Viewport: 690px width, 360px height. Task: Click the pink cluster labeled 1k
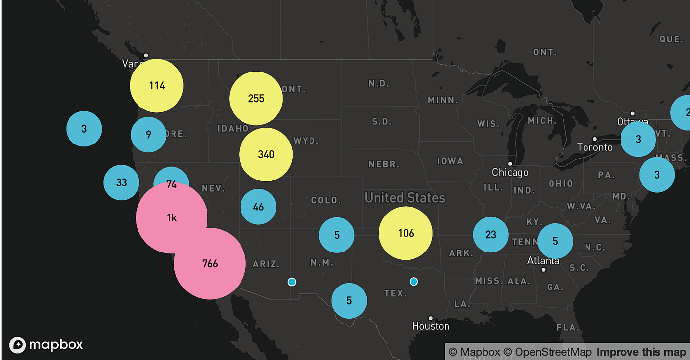[x=171, y=217]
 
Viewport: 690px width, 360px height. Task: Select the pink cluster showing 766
[x=210, y=263]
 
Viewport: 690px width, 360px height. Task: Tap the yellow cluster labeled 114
[x=157, y=86]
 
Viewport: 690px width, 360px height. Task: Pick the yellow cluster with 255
[x=256, y=98]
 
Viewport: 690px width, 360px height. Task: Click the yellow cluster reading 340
[x=266, y=154]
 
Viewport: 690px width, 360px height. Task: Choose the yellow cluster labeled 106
[x=406, y=233]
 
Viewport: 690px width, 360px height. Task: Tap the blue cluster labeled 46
[x=258, y=207]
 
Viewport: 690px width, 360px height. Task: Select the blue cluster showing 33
[x=121, y=182]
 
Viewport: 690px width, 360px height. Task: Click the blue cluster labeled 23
[x=490, y=235]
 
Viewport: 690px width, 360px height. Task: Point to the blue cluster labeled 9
[x=148, y=134]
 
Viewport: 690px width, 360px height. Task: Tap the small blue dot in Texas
[x=414, y=281]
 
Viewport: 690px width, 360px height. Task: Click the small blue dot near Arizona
[x=292, y=282]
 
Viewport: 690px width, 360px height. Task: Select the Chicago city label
[x=510, y=172]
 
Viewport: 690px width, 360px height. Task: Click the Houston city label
[x=431, y=326]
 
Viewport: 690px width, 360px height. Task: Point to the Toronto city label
[x=595, y=147]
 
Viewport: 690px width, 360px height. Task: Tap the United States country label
[x=405, y=198]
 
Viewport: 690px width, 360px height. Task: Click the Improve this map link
[x=641, y=352]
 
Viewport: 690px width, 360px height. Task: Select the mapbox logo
[x=46, y=344]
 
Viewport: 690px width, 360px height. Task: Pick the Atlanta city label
[x=543, y=260]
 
